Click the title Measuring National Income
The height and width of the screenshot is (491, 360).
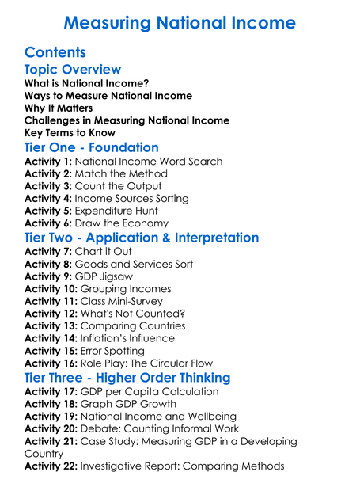coord(180,21)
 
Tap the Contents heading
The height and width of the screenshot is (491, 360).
coord(55,52)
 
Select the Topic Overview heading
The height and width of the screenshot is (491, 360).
coord(73,70)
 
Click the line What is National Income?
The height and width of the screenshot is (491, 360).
coord(87,83)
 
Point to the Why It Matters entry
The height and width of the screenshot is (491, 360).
coord(59,108)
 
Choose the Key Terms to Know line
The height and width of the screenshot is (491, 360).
coord(70,133)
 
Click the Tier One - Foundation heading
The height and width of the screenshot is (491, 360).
coord(92,148)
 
